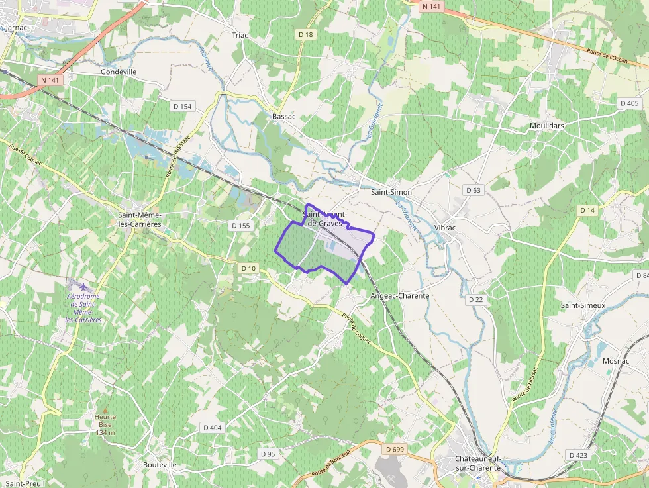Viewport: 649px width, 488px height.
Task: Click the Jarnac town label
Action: point(15,28)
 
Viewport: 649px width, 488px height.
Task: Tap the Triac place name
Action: point(239,35)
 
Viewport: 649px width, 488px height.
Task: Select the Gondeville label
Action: point(119,72)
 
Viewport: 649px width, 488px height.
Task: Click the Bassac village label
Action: point(283,116)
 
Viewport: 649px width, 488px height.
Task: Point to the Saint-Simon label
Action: point(391,192)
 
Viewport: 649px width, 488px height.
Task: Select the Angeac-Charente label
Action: point(400,295)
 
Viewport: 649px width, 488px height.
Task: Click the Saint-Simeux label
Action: point(583,305)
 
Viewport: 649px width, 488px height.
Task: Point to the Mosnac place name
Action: point(616,361)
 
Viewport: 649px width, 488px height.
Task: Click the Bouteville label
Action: point(160,465)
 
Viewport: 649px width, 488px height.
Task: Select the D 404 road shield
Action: point(212,428)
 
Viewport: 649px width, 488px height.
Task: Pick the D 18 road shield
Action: point(305,34)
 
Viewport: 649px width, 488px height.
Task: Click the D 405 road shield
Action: point(629,103)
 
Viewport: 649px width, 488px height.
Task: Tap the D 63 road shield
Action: point(474,190)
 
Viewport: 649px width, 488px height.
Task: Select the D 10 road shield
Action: point(248,268)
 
